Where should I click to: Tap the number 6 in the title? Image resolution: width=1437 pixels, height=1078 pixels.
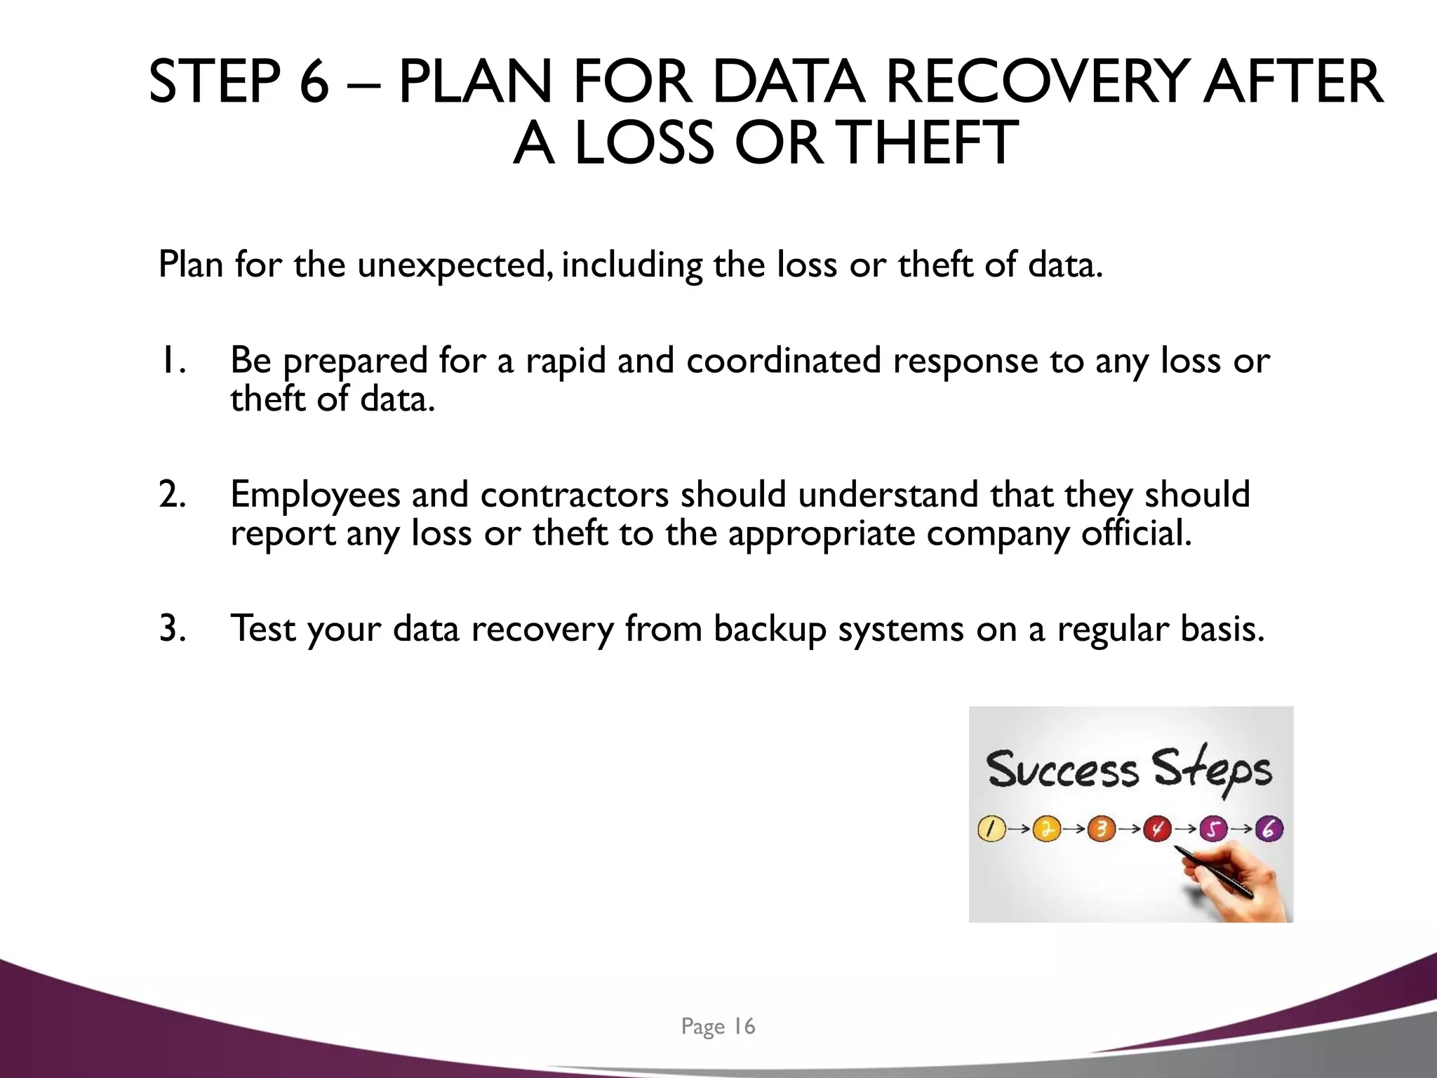point(314,82)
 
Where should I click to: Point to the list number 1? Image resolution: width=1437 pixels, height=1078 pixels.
point(171,361)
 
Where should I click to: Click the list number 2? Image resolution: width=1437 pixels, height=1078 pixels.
point(172,495)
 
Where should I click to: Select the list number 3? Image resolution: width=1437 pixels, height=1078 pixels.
point(172,628)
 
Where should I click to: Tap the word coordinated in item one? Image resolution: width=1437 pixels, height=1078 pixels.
point(783,361)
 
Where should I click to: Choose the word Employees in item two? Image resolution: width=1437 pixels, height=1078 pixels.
point(314,495)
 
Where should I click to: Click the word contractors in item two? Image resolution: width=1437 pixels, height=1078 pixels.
point(574,495)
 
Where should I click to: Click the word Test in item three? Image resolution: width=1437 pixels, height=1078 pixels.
point(262,628)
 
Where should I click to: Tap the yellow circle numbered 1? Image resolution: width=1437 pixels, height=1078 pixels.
point(990,829)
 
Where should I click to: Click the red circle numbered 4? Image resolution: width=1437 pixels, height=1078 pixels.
point(1157,829)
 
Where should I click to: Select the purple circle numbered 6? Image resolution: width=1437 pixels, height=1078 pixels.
point(1269,829)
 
